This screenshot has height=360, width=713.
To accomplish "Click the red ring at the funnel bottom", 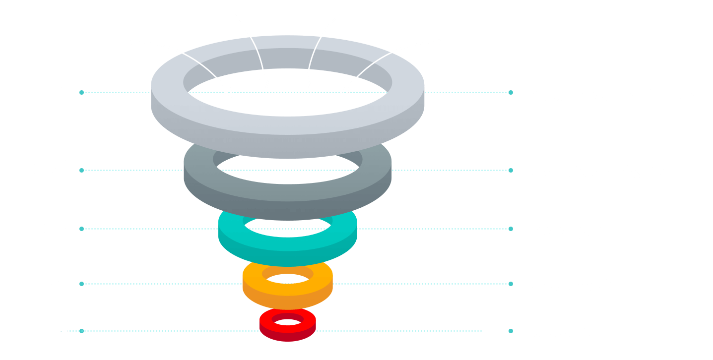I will click(x=288, y=332).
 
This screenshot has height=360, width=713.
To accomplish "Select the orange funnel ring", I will click(x=288, y=296).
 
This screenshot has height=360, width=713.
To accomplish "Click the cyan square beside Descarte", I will click(x=511, y=331).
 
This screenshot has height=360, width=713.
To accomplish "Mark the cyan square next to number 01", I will click(x=81, y=92).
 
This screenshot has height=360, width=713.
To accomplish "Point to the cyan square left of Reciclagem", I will click(x=511, y=229).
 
